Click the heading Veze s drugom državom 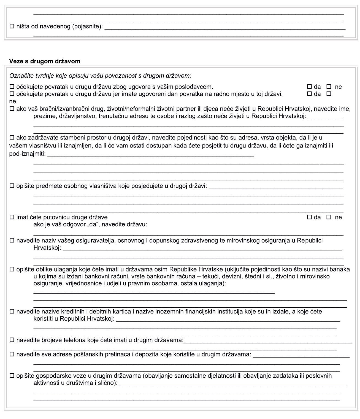click(45, 61)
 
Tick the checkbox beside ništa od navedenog click(12, 27)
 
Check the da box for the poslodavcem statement click(309, 87)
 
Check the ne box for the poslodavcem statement click(329, 87)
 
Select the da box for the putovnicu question click(309, 217)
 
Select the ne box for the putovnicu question click(329, 217)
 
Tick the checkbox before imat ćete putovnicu click(12, 217)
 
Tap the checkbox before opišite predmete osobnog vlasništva click(12, 186)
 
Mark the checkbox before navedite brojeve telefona click(12, 340)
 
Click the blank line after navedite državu click(188, 233)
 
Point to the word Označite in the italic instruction click(20, 76)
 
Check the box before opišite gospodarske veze click(12, 376)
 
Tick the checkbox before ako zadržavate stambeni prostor click(12, 137)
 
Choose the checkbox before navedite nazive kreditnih click(12, 312)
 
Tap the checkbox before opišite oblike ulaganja click(12, 269)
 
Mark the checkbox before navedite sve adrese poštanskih click(12, 354)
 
